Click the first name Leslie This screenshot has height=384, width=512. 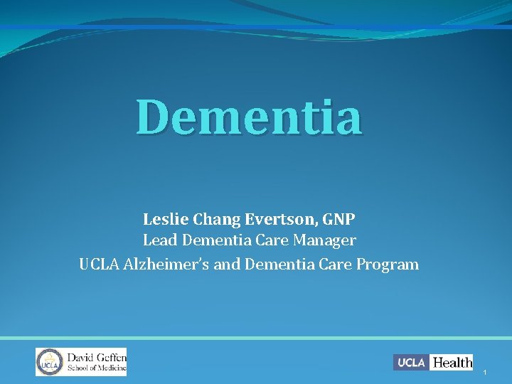[163, 218]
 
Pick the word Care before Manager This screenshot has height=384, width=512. [274, 241]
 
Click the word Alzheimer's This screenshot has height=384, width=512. [181, 265]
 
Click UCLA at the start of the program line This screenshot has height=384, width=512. [99, 265]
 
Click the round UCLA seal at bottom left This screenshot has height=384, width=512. [49, 362]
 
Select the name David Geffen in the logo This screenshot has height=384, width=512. [96, 356]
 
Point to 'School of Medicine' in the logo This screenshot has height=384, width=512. [96, 368]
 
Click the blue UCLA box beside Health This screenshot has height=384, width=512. [411, 363]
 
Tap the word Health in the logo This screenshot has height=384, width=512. [452, 363]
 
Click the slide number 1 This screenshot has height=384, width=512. [484, 373]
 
